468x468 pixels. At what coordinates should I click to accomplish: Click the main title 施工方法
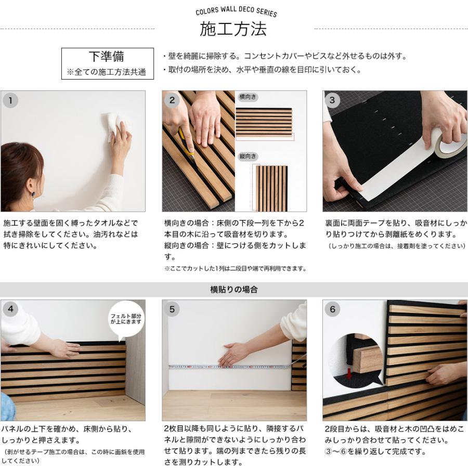(233, 29)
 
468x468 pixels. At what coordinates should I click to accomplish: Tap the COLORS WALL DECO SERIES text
(236, 11)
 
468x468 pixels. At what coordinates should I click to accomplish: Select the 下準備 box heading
(107, 56)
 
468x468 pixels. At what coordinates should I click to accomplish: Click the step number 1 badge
(10, 100)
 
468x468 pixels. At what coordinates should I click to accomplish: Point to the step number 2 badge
(172, 100)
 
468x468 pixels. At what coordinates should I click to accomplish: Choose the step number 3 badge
(332, 100)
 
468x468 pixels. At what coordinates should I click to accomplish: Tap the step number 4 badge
(10, 308)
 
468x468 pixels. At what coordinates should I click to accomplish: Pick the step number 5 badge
(172, 309)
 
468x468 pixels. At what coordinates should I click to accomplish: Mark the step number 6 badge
(332, 309)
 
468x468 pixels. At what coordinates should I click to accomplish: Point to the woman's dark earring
(34, 194)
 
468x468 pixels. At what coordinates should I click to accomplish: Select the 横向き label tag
(248, 97)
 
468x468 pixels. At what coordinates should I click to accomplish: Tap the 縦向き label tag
(248, 156)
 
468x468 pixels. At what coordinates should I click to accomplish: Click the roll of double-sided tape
(450, 144)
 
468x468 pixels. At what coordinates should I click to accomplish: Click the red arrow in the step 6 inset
(348, 371)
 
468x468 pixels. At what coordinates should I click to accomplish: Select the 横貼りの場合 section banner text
(234, 290)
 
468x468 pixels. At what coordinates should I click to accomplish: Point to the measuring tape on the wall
(229, 367)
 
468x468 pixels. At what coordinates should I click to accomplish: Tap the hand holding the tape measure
(235, 355)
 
